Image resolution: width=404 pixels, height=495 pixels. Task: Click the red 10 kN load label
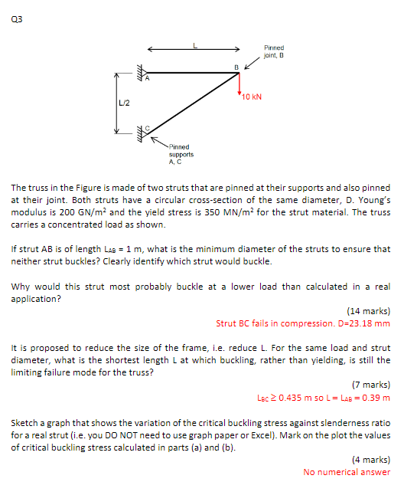(252, 97)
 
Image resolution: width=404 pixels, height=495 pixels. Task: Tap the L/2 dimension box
(123, 103)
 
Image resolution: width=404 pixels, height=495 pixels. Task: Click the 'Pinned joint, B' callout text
(274, 51)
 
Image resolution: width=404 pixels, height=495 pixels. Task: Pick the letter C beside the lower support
(148, 127)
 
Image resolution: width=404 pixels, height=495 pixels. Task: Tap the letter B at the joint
(237, 67)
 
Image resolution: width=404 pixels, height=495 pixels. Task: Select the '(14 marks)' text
(369, 312)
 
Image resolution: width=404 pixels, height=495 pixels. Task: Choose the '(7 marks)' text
(371, 385)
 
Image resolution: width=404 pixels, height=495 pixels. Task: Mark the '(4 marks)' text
(371, 460)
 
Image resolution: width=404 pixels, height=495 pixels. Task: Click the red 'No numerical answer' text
(347, 472)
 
